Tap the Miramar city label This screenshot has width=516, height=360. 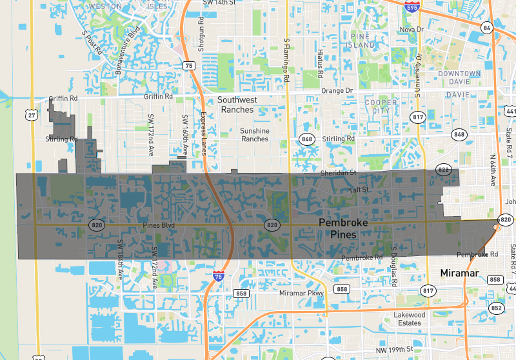459,274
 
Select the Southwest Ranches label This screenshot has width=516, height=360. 237,105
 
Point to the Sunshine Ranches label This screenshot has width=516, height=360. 254,134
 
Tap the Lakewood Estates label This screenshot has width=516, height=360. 410,319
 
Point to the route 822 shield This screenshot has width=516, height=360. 443,169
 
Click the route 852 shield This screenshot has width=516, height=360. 497,308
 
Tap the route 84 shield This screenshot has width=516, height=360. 487,27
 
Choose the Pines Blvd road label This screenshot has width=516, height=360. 159,225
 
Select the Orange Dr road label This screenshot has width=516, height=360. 338,90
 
